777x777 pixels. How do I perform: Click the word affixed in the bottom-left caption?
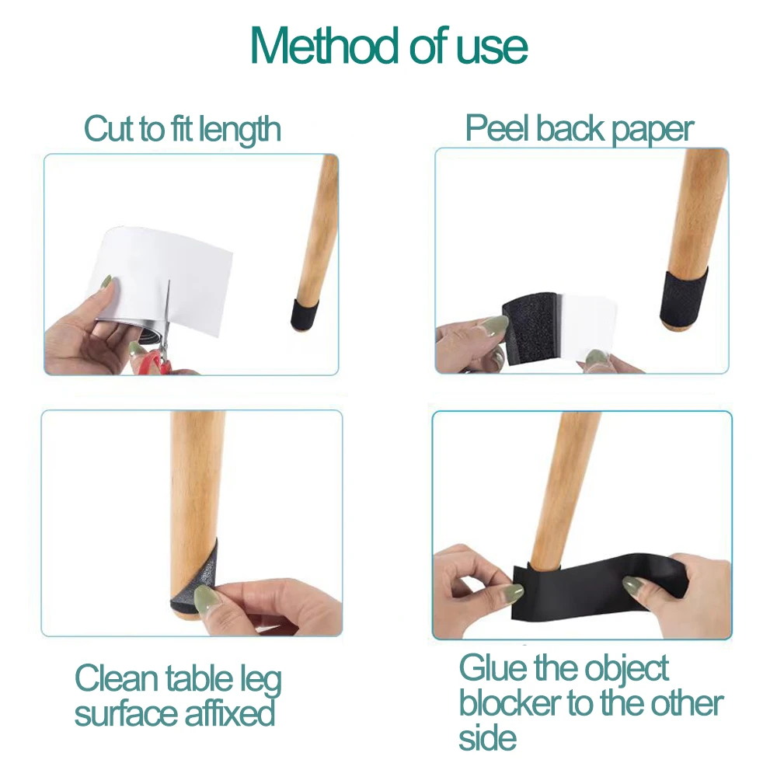[229, 713]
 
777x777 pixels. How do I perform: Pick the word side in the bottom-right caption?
[486, 738]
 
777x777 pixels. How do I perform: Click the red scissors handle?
[154, 361]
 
